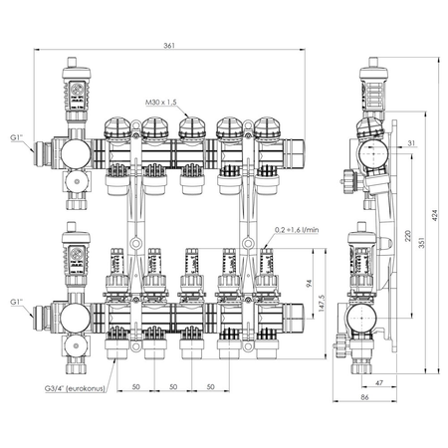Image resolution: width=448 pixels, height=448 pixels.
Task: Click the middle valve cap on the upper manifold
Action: click(x=191, y=128)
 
